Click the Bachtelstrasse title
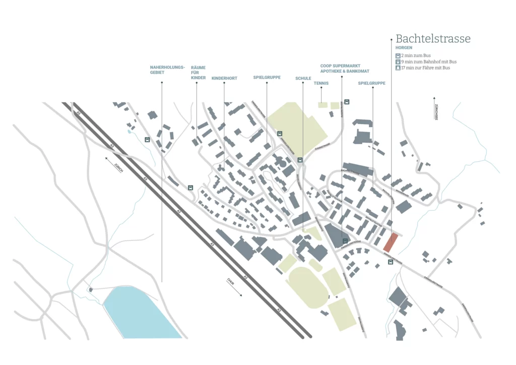(x=433, y=39)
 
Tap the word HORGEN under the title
(x=404, y=48)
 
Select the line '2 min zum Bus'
(x=416, y=55)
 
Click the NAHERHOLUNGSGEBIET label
(x=167, y=70)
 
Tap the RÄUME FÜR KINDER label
(x=198, y=73)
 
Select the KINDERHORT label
(x=224, y=78)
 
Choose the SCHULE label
(x=303, y=78)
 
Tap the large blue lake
(x=138, y=313)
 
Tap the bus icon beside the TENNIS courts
(x=347, y=102)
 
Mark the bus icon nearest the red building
(x=391, y=262)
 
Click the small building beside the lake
(x=91, y=289)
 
